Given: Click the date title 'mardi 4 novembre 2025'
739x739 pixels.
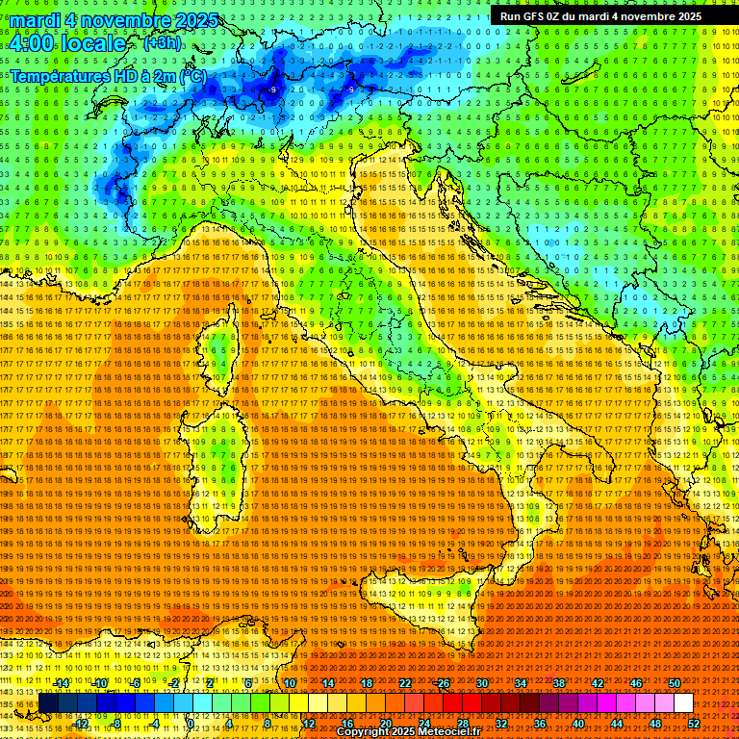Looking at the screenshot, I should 115,20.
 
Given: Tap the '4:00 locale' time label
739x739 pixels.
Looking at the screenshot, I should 68,43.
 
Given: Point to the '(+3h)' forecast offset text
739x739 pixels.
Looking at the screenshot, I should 160,42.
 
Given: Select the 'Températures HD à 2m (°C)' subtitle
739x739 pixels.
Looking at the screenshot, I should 108,75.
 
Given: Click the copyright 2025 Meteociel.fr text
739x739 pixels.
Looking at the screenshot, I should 408,732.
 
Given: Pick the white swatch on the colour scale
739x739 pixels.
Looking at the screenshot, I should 683,703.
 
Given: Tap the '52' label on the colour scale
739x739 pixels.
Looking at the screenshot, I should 694,723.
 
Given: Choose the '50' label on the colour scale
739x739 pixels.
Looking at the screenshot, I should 675,683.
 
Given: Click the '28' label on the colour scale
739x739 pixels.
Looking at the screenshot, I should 462,723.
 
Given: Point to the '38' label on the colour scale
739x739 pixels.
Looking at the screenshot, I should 559,683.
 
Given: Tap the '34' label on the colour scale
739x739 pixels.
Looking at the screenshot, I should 521,683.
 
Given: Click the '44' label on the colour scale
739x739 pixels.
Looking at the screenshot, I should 616,723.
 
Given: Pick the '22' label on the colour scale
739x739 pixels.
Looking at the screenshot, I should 405,683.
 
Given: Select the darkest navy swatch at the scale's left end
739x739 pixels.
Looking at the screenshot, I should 48,703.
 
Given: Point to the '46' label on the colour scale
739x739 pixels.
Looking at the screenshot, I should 636,683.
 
